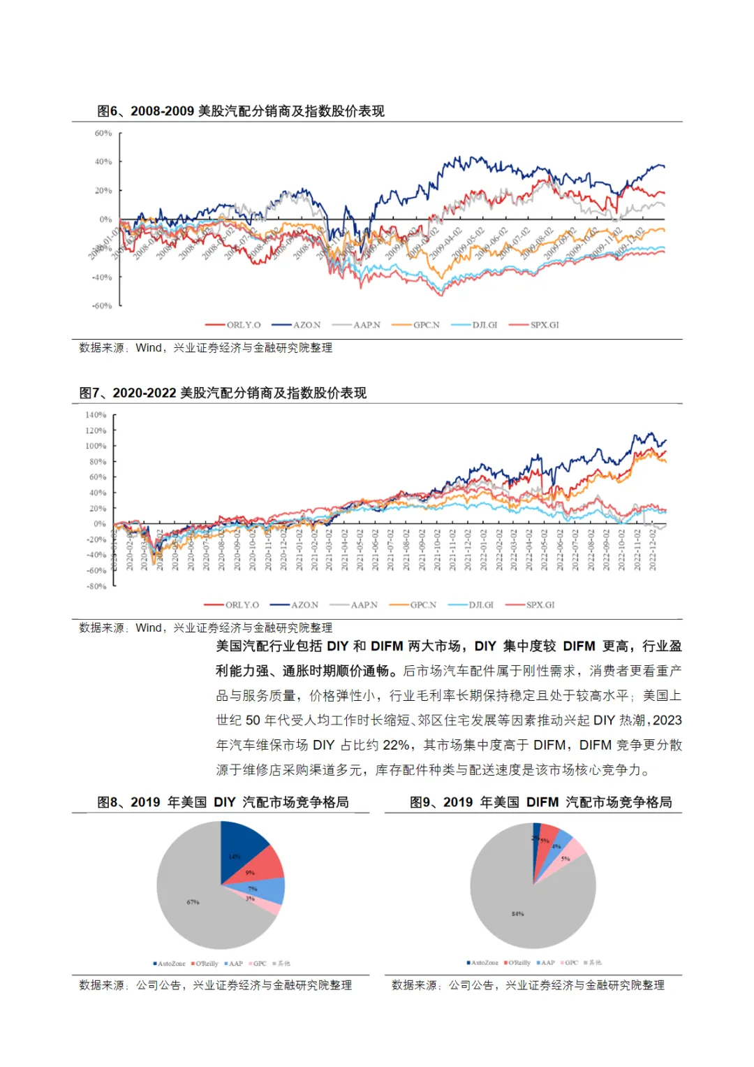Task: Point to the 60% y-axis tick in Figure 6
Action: click(x=103, y=133)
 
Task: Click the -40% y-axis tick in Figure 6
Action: click(x=102, y=277)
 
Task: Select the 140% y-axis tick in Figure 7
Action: click(x=96, y=415)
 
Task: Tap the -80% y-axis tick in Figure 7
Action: click(x=96, y=586)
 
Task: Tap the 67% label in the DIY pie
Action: click(x=193, y=902)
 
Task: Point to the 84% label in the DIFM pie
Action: click(x=517, y=914)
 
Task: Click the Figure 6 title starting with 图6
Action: click(x=241, y=111)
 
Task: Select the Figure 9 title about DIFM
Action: click(x=540, y=802)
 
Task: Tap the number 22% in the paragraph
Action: click(x=396, y=745)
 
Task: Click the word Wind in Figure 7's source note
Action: click(x=149, y=627)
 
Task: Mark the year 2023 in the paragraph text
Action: click(x=667, y=720)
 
